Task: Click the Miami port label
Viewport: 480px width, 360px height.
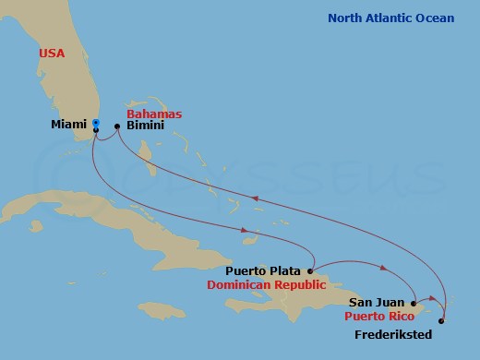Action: click(68, 124)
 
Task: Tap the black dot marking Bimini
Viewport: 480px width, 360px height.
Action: click(117, 126)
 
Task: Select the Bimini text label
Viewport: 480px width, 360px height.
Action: click(146, 126)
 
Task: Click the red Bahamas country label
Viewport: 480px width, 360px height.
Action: click(154, 114)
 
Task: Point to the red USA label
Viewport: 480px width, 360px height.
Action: click(52, 54)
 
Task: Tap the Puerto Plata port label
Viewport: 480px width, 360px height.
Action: click(263, 271)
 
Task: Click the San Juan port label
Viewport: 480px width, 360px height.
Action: click(376, 302)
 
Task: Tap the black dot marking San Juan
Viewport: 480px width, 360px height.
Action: click(414, 302)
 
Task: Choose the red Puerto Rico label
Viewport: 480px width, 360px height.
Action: click(376, 316)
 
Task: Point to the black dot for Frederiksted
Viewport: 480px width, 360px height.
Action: click(441, 321)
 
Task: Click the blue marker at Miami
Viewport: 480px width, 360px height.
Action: click(96, 123)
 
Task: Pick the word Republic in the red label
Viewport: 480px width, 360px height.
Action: click(302, 285)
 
